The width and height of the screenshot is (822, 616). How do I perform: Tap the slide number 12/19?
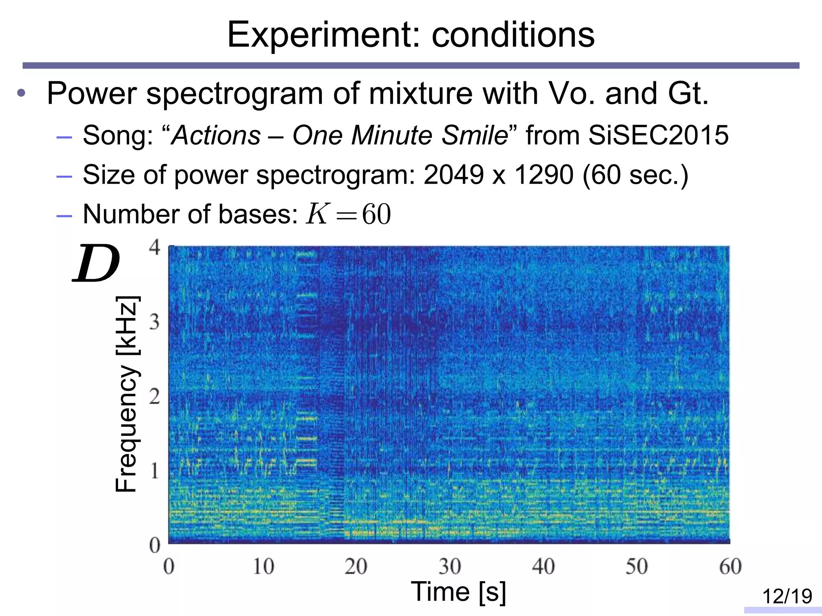[787, 596]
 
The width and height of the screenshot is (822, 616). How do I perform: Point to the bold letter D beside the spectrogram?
[96, 263]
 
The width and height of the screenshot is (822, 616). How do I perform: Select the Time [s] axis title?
[458, 592]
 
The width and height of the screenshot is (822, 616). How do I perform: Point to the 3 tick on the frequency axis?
[155, 322]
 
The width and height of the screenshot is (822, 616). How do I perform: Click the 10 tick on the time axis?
[263, 567]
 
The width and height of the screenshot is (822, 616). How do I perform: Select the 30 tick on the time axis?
[450, 567]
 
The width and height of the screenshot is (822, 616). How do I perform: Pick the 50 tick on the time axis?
[637, 567]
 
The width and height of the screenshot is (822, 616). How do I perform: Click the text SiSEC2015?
[658, 135]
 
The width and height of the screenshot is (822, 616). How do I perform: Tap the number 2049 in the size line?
[454, 175]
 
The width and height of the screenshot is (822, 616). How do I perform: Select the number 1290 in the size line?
[544, 175]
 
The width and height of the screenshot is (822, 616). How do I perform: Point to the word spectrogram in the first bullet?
[234, 93]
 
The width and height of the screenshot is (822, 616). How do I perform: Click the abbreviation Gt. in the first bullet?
[688, 93]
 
